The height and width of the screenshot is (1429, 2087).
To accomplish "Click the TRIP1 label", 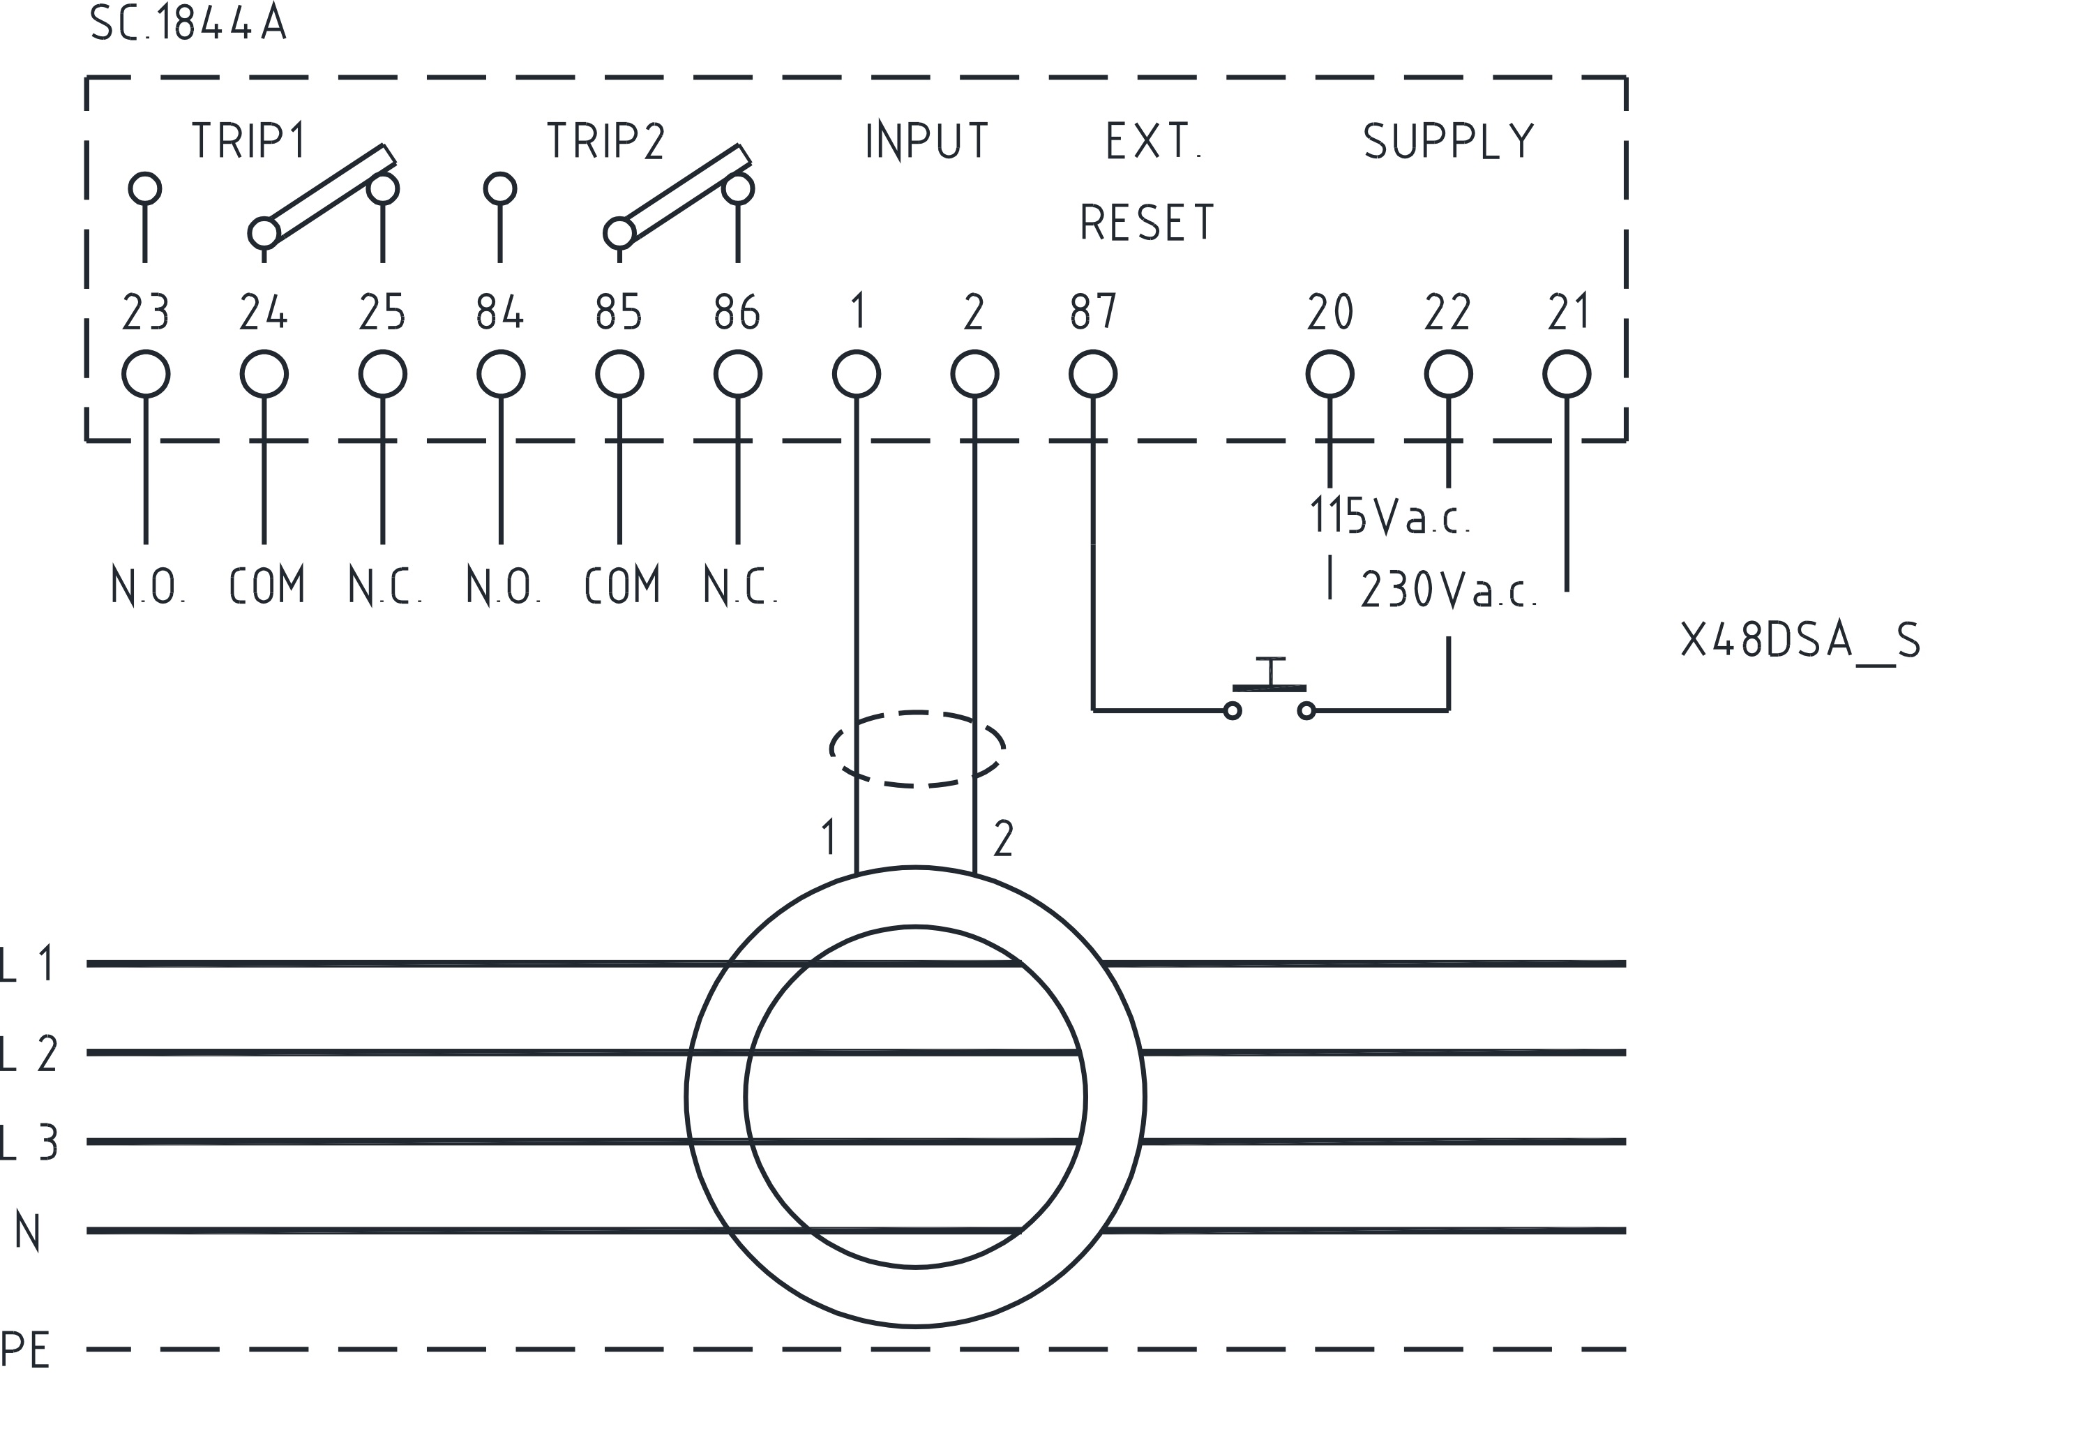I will tap(249, 141).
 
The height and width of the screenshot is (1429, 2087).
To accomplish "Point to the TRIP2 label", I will tap(606, 141).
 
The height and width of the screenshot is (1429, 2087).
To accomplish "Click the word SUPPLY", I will tap(1449, 142).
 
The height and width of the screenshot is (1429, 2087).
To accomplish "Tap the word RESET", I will tap(1147, 223).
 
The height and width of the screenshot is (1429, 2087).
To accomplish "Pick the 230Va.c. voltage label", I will tap(1449, 590).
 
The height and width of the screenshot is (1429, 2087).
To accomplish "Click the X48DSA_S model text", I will tap(1800, 641).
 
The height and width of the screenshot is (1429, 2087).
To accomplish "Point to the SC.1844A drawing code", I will tap(188, 24).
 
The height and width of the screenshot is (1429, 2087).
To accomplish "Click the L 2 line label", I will tap(29, 1054).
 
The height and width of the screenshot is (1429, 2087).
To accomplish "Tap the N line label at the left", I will tap(27, 1232).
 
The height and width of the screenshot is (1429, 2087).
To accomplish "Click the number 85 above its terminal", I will tap(619, 313).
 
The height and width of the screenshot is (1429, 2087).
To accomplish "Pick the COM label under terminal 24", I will tap(266, 585).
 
